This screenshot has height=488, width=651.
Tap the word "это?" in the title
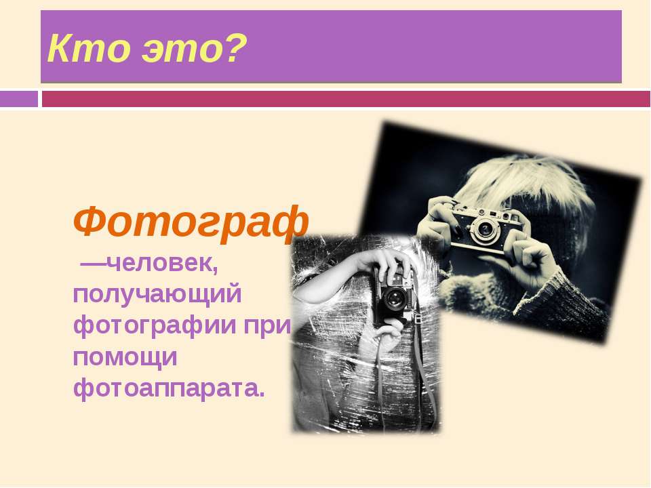click(195, 49)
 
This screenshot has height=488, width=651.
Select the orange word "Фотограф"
click(191, 222)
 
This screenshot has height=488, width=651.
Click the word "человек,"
click(162, 263)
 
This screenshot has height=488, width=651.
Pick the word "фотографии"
click(155, 326)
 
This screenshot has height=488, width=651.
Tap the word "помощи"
click(125, 358)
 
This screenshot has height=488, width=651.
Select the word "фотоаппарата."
click(169, 388)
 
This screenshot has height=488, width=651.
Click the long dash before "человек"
click(94, 264)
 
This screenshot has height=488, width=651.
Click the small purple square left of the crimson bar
click(19, 99)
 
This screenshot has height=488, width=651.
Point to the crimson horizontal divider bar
click(346, 99)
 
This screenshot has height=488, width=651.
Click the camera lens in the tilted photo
click(484, 228)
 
